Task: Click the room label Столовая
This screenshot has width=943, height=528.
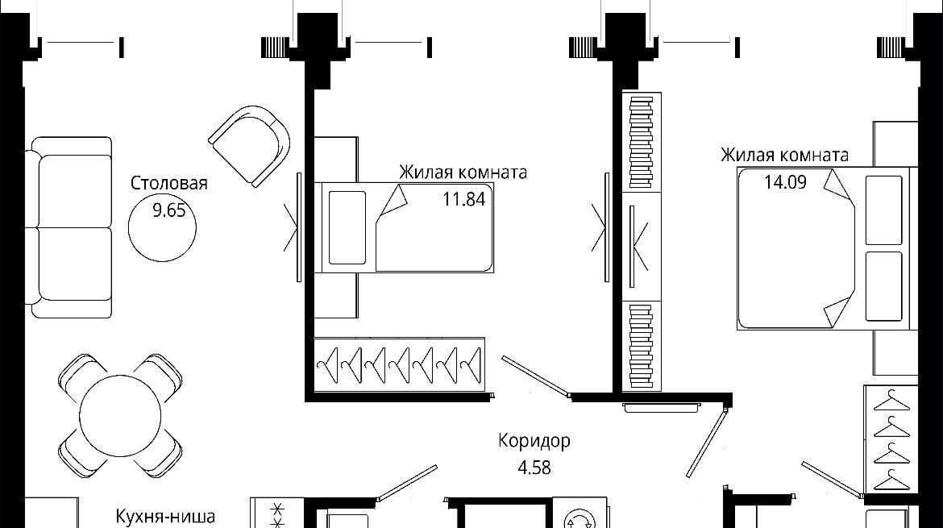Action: coord(169,183)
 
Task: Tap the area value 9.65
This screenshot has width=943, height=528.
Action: coord(169,210)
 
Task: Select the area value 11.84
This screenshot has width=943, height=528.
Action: coord(463,198)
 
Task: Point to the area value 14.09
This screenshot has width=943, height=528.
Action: coord(785,181)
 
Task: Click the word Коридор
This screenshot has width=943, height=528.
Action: coord(534,442)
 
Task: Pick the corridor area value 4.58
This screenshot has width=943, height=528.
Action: coord(534,468)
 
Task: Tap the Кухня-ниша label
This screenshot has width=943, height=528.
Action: coord(164,517)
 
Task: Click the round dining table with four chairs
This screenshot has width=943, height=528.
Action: coord(120,415)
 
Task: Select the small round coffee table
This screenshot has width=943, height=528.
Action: coord(162,227)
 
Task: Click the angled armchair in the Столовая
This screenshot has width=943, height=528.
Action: coord(250,145)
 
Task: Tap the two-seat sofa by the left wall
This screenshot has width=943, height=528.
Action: coord(69,227)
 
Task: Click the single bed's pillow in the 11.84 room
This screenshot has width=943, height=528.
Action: coord(347,227)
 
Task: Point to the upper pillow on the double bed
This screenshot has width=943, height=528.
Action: coord(883,210)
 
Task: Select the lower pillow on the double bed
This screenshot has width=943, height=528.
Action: coord(883,286)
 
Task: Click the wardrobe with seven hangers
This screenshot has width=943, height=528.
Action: coord(399,364)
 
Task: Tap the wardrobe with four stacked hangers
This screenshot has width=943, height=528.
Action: coord(891,439)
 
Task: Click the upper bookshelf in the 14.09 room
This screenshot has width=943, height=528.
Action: coord(641,142)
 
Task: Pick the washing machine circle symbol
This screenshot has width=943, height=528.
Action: coord(579,518)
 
